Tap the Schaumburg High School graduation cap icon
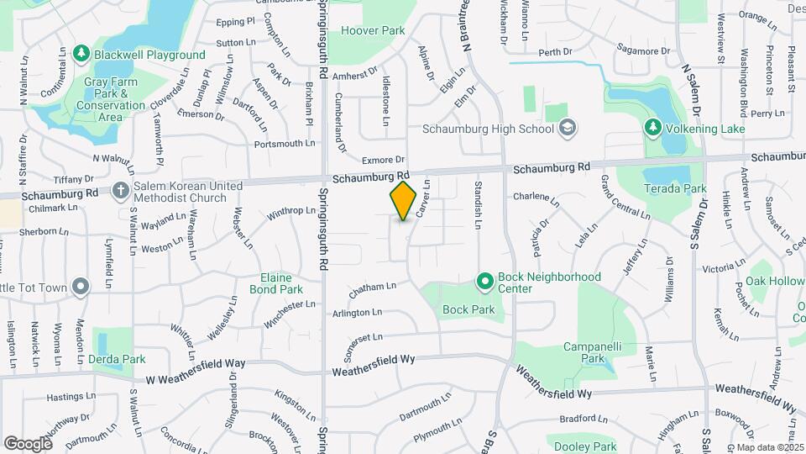[568, 129]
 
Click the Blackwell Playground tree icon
[81, 55]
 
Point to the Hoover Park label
[374, 29]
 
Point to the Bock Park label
[468, 309]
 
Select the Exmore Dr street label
[384, 159]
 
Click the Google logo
[28, 443]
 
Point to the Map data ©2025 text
[765, 446]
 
